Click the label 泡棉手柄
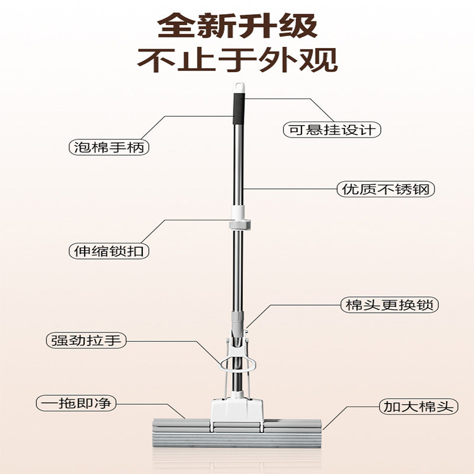(108, 146)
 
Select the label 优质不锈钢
(386, 190)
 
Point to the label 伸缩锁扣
(108, 251)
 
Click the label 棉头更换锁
(389, 306)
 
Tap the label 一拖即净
(75, 404)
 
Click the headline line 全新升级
(237, 27)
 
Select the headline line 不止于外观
(237, 60)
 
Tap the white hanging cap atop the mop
(238, 87)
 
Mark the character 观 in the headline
(321, 60)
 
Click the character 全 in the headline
(175, 27)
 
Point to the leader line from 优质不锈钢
(290, 189)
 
